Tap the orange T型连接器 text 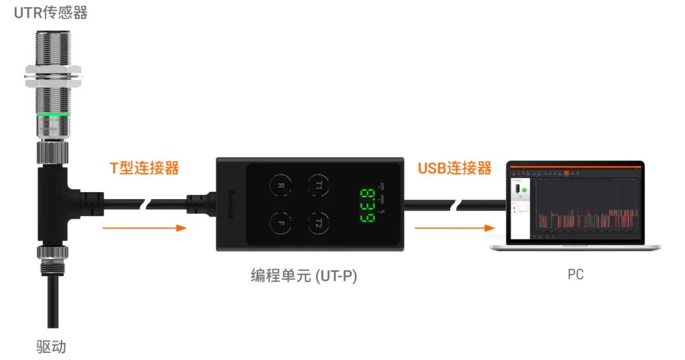point(145,168)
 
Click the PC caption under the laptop point(575,275)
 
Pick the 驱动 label point(51,347)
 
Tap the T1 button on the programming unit point(318,185)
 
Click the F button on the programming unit point(280,222)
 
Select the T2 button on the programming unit point(318,222)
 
